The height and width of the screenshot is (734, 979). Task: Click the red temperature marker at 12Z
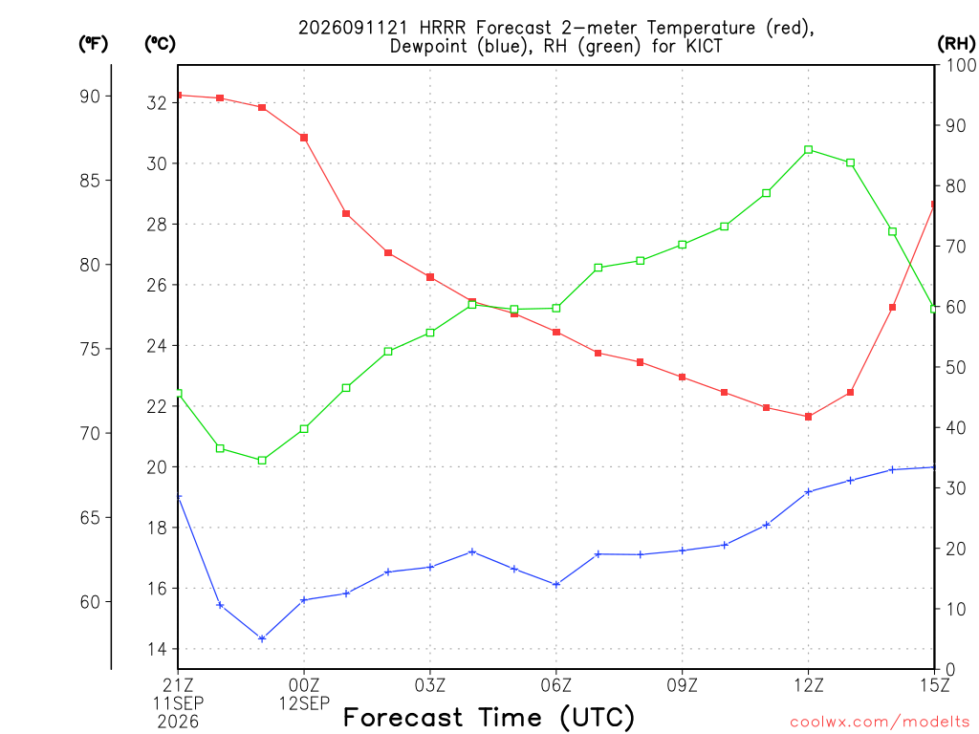[808, 417]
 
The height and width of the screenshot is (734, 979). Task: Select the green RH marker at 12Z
[809, 150]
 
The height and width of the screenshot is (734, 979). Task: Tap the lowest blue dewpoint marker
[262, 638]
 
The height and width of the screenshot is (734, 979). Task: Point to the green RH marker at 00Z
[304, 429]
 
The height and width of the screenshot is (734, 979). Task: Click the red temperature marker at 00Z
[304, 138]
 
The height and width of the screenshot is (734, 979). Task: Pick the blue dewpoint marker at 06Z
[556, 584]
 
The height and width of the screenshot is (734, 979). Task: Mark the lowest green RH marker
[262, 461]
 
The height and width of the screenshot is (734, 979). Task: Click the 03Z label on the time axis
[430, 685]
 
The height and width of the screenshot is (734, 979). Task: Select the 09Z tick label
[682, 685]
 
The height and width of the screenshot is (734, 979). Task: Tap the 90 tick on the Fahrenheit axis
[91, 97]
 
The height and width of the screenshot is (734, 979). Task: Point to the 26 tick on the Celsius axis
[157, 285]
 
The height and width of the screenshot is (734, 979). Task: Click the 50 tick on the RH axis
[956, 367]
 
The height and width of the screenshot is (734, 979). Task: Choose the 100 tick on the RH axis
[961, 65]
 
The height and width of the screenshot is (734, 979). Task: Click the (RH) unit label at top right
[956, 43]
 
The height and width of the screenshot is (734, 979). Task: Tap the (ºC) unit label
[160, 43]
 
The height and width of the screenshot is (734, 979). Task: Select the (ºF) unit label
[93, 43]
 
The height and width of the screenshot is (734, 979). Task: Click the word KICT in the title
[703, 46]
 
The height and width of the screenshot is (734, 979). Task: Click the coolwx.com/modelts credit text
[880, 723]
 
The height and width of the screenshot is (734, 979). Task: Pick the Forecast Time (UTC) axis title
[489, 718]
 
